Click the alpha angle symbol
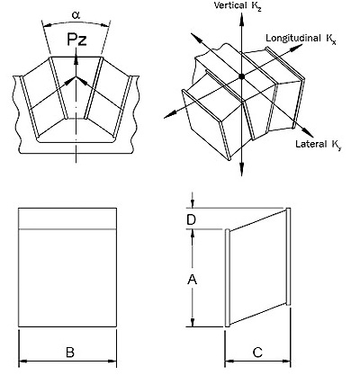pos(76,15)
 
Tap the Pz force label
pos(76,40)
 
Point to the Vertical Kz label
pos(238,5)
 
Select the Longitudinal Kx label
pos(301,39)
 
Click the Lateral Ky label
pos(319,144)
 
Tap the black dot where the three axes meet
pos(242,76)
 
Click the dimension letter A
pos(192,280)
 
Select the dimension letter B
pos(70,353)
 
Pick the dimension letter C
pos(257,353)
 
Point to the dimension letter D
pos(191,220)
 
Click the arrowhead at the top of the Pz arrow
pos(76,58)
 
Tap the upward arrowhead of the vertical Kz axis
pos(241,18)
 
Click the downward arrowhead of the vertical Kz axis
pos(242,170)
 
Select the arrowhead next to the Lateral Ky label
pos(308,132)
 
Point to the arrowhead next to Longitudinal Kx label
pos(297,47)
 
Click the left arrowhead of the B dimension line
pos(23,361)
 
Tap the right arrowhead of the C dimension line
pos(285,361)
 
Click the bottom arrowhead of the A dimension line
pos(193,322)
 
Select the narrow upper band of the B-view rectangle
pos(67,219)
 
